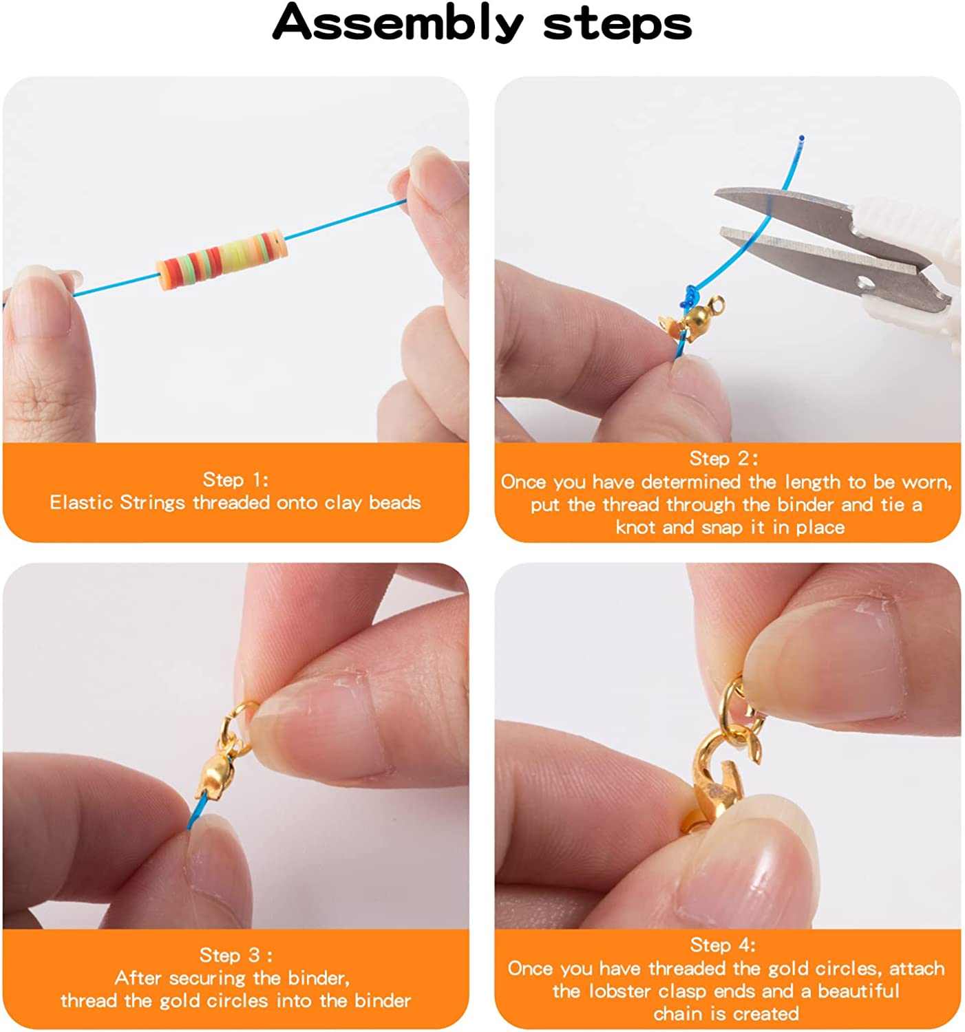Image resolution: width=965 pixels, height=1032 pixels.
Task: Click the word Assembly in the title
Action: (398, 23)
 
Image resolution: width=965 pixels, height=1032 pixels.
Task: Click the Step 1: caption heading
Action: (235, 479)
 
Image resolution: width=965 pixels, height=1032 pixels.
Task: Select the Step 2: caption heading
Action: (724, 458)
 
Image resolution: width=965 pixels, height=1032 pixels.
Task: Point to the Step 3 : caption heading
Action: (235, 954)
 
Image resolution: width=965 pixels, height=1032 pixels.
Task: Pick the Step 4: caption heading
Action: (723, 944)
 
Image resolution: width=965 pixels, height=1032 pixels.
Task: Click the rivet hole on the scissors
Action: (865, 283)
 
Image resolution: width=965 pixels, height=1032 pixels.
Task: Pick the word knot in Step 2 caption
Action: (636, 528)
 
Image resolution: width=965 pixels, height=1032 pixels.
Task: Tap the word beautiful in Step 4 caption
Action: (858, 991)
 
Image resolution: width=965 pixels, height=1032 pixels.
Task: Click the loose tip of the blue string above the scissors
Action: (801, 138)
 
